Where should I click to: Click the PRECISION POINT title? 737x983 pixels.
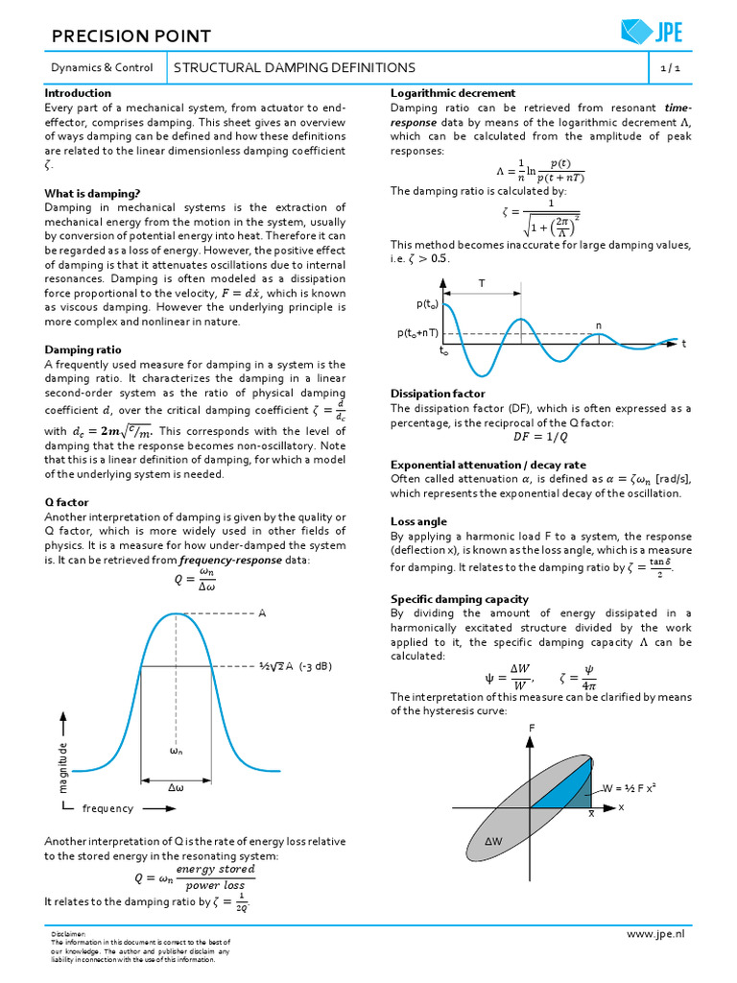130,36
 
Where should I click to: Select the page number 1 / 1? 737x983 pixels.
669,68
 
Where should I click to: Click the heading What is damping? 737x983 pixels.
92,193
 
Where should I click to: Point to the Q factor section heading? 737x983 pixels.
67,502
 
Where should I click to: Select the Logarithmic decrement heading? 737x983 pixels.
453,93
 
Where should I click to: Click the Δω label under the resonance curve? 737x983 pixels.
176,787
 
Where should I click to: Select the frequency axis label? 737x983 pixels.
107,808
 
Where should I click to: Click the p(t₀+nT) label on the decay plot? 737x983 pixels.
417,333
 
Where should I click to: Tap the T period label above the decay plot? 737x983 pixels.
482,283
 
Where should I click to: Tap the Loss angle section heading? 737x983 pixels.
418,521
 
